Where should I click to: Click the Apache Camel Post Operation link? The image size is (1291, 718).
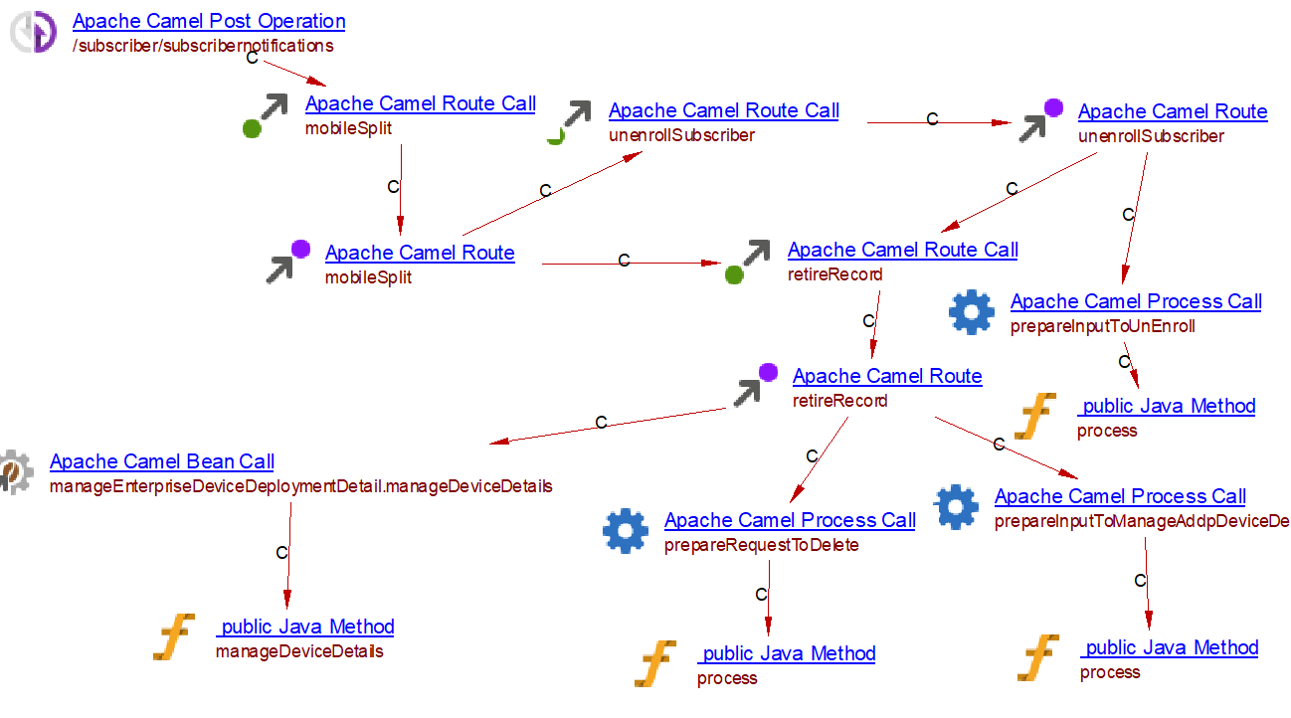coord(209,21)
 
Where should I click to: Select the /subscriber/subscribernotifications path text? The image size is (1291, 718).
coord(203,46)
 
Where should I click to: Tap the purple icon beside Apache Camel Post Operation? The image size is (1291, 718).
coord(35,32)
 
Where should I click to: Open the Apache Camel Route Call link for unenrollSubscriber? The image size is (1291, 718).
coord(723,110)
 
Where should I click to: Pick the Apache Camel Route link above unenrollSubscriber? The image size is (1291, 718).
coord(1172,111)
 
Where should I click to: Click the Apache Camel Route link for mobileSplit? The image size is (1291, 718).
coord(420,253)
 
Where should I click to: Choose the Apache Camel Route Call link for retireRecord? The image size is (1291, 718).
coord(902,250)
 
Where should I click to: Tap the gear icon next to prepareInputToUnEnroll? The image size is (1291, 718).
coord(971,313)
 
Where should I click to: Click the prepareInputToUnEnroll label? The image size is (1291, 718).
coord(1102,326)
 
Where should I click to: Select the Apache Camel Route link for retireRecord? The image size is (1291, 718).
coord(886,376)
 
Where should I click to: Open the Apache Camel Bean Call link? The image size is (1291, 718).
coord(162,461)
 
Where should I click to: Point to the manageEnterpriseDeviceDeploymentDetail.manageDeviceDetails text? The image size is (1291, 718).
coord(300,486)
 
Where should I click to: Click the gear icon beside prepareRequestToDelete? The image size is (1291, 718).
coord(625,531)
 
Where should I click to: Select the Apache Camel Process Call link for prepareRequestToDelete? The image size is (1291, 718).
coord(790,520)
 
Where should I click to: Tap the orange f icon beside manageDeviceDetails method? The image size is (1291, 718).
coord(174,637)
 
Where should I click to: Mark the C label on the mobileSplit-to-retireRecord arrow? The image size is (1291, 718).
coord(624,261)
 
